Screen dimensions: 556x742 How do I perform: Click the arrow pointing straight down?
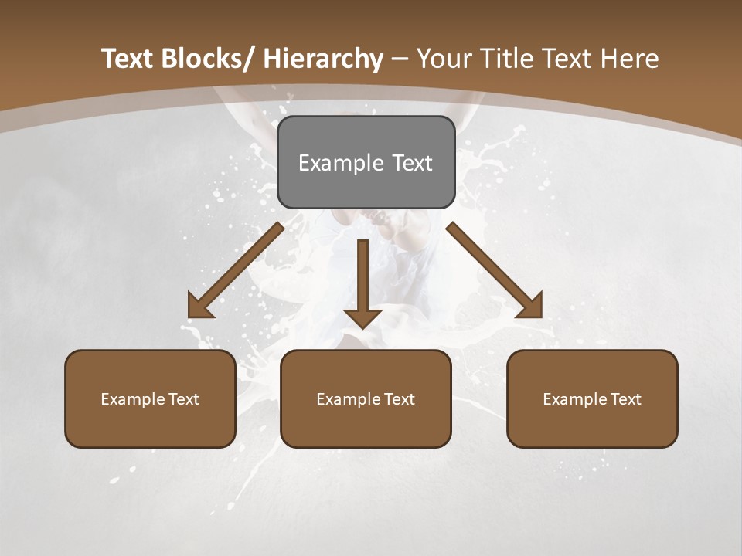pos(362,282)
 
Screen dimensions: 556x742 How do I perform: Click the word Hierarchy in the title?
pos(322,59)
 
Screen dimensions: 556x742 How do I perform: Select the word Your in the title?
pos(444,59)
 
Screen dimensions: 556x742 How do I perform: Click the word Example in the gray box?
pos(341,163)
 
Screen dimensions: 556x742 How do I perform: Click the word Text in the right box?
pos(626,399)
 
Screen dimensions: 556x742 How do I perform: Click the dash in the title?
pos(400,59)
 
